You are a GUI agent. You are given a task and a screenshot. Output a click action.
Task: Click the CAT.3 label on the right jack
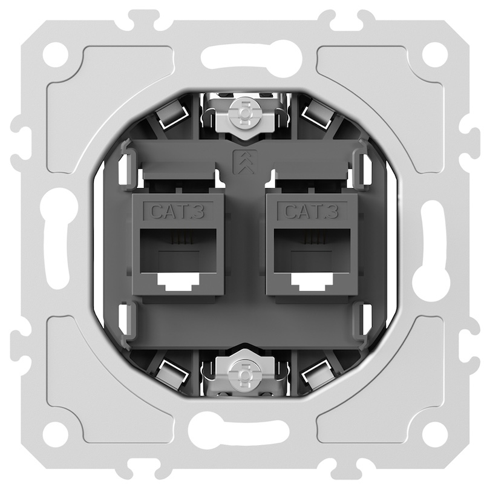[x=312, y=211]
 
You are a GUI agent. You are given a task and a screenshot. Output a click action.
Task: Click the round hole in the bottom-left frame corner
[x=55, y=428]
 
